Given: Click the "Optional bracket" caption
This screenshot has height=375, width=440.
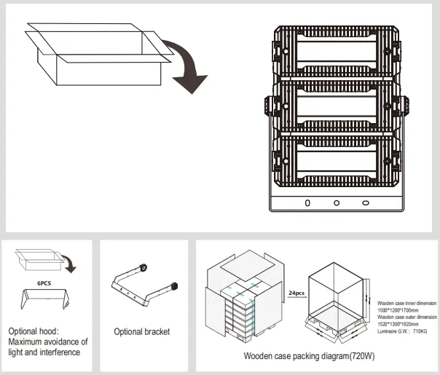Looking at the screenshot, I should [x=142, y=332].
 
